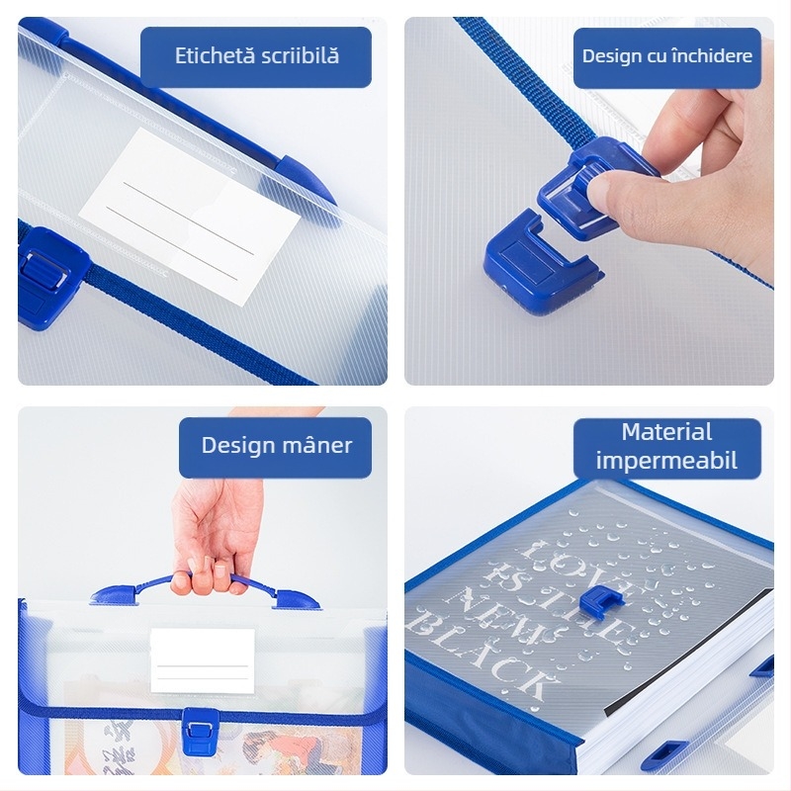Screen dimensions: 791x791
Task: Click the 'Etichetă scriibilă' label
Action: (256, 56)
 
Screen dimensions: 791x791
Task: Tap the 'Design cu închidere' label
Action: (666, 56)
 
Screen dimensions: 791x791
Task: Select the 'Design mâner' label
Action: (277, 446)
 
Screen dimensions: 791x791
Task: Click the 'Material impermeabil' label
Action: (666, 447)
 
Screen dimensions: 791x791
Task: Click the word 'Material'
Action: (666, 432)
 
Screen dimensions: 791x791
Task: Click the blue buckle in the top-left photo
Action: (50, 278)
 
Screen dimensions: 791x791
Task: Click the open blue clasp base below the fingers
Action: (540, 262)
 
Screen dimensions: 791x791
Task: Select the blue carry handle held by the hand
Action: (205, 590)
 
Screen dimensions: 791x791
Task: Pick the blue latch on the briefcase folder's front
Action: (201, 731)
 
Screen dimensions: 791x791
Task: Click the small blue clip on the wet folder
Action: (601, 599)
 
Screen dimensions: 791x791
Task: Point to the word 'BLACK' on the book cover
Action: (478, 653)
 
